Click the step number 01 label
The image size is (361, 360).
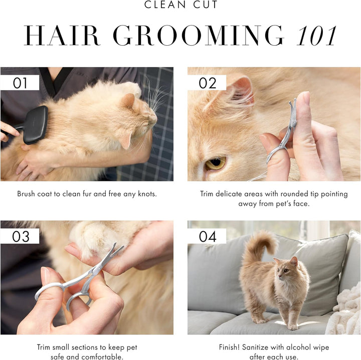tap(20, 83)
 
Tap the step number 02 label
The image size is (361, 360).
tap(207, 83)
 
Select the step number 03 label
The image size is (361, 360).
tap(21, 236)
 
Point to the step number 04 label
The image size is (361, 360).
tap(207, 236)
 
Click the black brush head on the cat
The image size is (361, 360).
tap(37, 125)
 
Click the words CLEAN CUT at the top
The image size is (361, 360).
tap(180, 6)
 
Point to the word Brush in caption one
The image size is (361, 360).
tap(26, 194)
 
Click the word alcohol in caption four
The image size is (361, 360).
tap(293, 347)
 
